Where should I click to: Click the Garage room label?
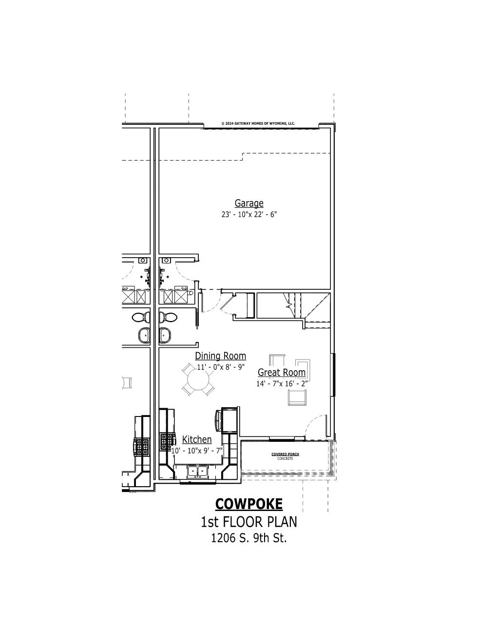coord(249,203)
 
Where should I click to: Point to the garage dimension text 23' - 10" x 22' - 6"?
coord(249,214)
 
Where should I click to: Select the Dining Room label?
coord(221,356)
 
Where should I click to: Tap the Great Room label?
coord(282,372)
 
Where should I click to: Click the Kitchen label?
coord(197,440)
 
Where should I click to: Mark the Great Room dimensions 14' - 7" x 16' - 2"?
coord(282,384)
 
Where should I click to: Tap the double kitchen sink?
coord(197,471)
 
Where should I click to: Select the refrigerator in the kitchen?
coord(229,420)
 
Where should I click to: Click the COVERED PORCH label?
coord(286,454)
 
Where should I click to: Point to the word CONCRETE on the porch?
coord(286,459)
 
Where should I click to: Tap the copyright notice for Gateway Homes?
coord(258,124)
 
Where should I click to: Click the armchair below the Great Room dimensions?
coord(298,397)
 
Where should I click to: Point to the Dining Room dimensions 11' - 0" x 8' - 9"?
coord(221,367)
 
